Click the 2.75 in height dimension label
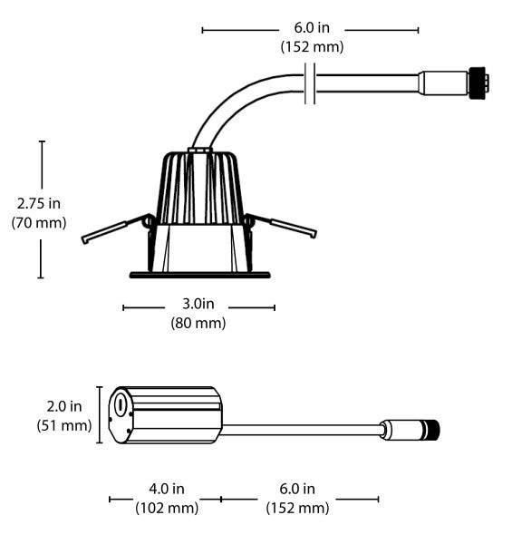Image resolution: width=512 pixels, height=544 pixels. (x=38, y=203)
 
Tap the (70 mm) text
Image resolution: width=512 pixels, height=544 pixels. (x=38, y=223)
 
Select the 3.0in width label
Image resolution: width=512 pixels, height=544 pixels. (x=198, y=304)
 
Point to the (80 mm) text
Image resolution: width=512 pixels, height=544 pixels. (x=198, y=323)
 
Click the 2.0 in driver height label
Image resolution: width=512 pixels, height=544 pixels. (x=64, y=406)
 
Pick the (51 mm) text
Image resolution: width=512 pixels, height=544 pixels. (x=64, y=426)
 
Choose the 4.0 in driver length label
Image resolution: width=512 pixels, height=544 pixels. (x=167, y=489)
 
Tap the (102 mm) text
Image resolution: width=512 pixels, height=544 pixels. (x=167, y=509)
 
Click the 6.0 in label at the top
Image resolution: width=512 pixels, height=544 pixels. (x=312, y=28)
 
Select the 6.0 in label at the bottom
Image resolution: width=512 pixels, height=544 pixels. (x=297, y=489)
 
